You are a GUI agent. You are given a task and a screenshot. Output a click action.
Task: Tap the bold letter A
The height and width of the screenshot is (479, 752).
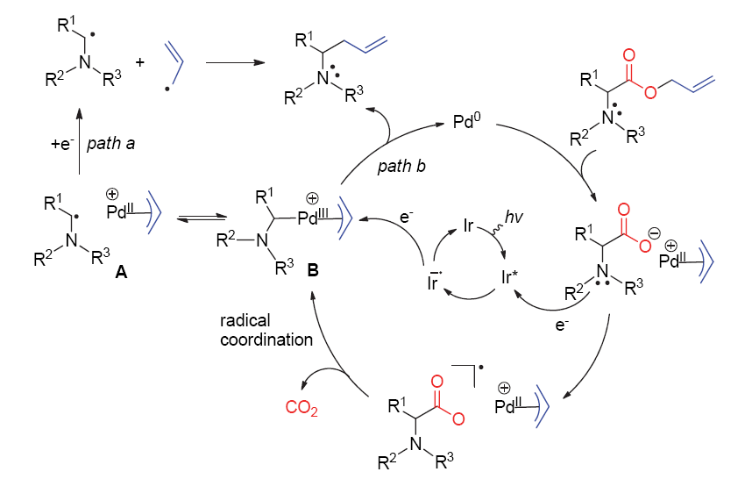(121, 273)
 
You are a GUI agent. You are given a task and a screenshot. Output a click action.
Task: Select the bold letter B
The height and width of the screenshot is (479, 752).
(312, 274)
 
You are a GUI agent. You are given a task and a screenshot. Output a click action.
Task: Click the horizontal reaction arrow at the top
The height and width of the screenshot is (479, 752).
(236, 63)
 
